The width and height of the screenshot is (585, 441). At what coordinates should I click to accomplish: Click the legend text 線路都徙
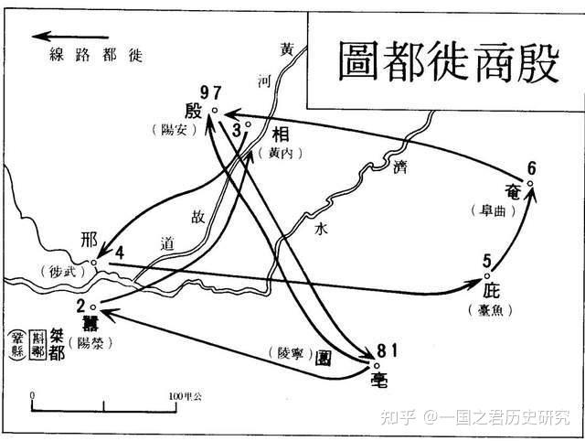point(94,55)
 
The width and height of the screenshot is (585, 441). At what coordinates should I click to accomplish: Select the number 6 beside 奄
point(532,168)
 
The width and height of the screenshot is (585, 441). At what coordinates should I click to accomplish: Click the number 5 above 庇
point(488,260)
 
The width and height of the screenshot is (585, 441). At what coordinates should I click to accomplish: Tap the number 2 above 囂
point(80,306)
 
